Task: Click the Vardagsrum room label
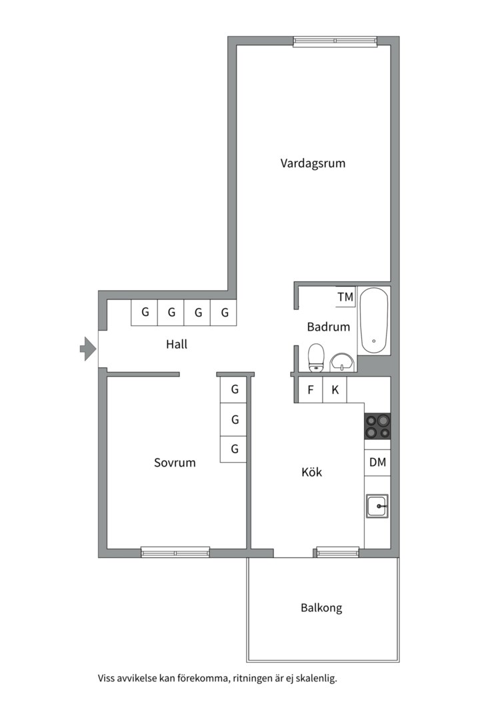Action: coord(313,163)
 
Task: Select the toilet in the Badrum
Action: coord(316,357)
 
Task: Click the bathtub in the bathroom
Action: coord(374,320)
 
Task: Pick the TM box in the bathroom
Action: coord(345,297)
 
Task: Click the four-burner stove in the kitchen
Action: coord(377,427)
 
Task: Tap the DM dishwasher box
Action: coord(377,463)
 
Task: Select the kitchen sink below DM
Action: coord(377,507)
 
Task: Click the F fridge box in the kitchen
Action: coord(310,390)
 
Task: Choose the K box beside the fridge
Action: coord(335,390)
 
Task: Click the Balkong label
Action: coord(321,608)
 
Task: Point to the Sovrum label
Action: coord(175,463)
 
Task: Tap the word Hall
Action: coord(177,345)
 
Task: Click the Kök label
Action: coord(311,472)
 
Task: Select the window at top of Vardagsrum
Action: coord(335,41)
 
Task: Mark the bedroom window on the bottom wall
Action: coord(175,552)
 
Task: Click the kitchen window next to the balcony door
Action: coord(337,552)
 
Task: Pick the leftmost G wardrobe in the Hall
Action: coord(144,312)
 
